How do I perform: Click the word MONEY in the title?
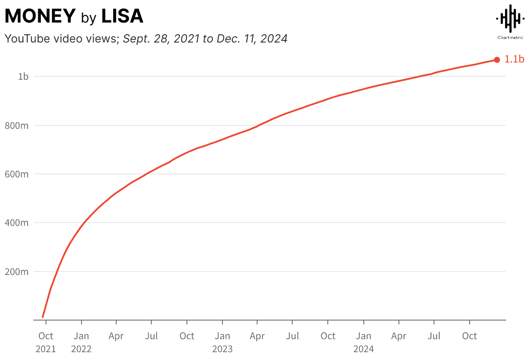coord(40,16)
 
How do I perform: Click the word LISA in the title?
coord(122,16)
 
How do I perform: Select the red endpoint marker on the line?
coord(497,60)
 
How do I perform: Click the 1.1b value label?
coord(514,60)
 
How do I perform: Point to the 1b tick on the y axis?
coord(23,77)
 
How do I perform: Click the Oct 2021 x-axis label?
coord(46,342)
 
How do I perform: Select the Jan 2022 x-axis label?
coord(81,342)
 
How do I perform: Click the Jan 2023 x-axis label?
coord(222,342)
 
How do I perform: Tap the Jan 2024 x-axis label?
coord(363,342)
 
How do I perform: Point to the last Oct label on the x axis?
coord(469,336)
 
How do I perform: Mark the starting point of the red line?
coord(42,317)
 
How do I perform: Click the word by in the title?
coord(88,18)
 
